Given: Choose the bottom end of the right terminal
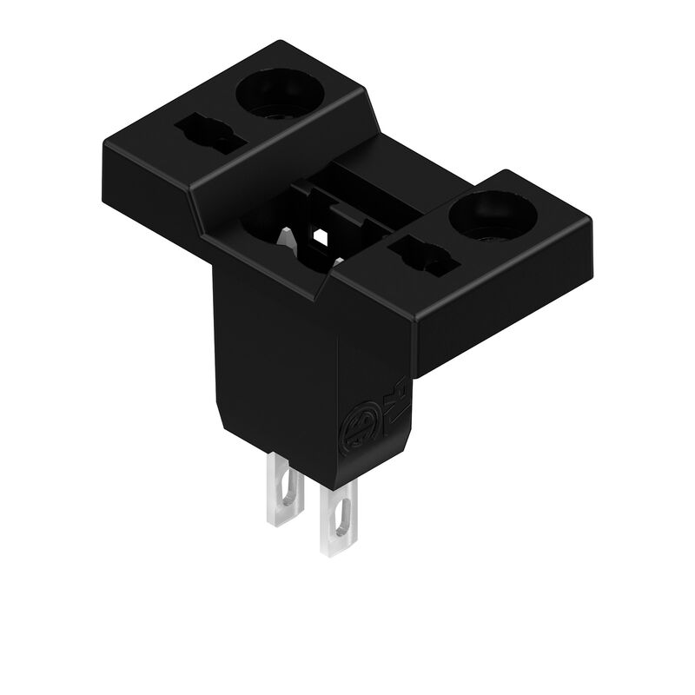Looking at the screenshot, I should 334,551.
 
